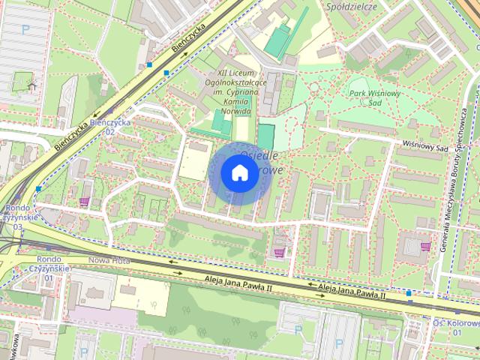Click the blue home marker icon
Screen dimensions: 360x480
[x=239, y=172]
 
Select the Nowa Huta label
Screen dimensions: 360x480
[x=109, y=260]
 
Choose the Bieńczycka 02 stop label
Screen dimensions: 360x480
[x=110, y=126]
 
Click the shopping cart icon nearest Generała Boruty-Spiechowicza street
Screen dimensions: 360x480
[x=425, y=246]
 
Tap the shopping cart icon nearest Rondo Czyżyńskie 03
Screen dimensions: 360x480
[x=84, y=201]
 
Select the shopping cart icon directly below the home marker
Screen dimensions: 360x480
[x=280, y=252]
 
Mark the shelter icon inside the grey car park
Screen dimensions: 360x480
[x=31, y=85]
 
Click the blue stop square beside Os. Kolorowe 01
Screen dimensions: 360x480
[x=409, y=292]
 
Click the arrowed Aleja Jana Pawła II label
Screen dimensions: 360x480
[x=351, y=289]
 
